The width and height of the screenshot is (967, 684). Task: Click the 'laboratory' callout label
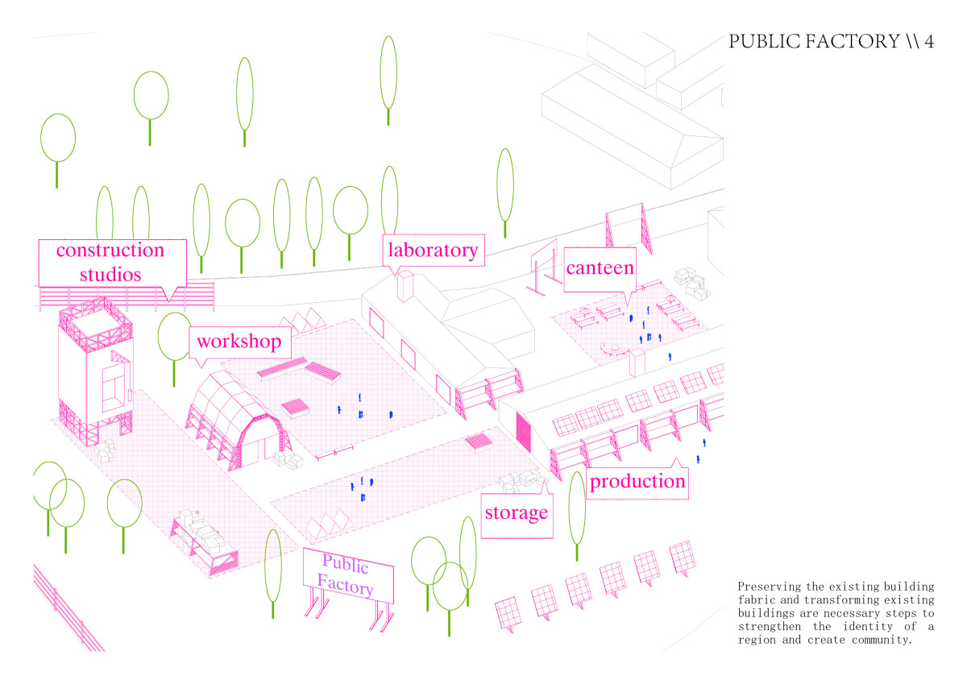pyautogui.click(x=433, y=250)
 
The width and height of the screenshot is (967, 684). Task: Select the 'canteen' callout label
pyautogui.click(x=600, y=267)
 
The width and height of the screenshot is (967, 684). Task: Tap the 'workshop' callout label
pyautogui.click(x=239, y=342)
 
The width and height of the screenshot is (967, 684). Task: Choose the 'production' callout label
pyautogui.click(x=637, y=482)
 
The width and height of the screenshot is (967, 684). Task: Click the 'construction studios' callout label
pyautogui.click(x=110, y=262)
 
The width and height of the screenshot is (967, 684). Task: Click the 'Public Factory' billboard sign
pyautogui.click(x=348, y=575)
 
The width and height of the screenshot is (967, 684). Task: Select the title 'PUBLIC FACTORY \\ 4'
pyautogui.click(x=831, y=42)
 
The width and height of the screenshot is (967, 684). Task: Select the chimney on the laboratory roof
pyautogui.click(x=405, y=286)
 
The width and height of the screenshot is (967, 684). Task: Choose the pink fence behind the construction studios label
pyautogui.click(x=193, y=296)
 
